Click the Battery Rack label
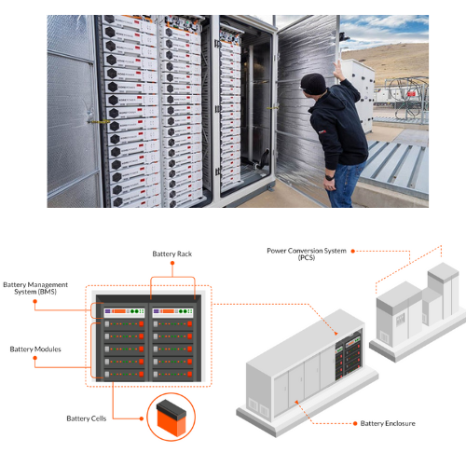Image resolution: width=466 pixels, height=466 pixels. coord(172,254)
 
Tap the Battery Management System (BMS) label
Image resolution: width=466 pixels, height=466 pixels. coord(35,288)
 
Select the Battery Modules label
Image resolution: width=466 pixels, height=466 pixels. coord(35,349)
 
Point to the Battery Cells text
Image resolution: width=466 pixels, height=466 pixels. coord(87,418)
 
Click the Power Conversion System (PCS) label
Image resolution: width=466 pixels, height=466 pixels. coord(307,254)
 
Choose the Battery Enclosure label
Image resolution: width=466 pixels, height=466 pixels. coord(388,423)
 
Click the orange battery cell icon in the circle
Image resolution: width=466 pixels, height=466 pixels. coord(171,417)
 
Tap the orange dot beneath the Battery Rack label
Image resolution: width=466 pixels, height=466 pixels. coord(172,263)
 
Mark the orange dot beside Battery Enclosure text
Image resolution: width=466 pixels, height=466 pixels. coord(355,423)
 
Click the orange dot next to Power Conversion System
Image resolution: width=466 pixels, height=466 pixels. coord(353,251)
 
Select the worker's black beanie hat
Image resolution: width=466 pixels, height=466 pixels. coord(313,84)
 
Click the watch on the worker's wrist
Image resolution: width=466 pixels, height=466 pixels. coord(330,178)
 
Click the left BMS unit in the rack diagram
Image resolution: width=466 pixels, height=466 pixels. coord(124,311)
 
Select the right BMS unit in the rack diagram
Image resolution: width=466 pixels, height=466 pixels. coord(172,311)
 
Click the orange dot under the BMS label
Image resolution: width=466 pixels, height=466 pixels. coord(35,301)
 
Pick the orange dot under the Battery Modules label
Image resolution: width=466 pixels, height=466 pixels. coord(35,358)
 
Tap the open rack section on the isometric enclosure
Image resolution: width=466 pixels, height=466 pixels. coord(349,356)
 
